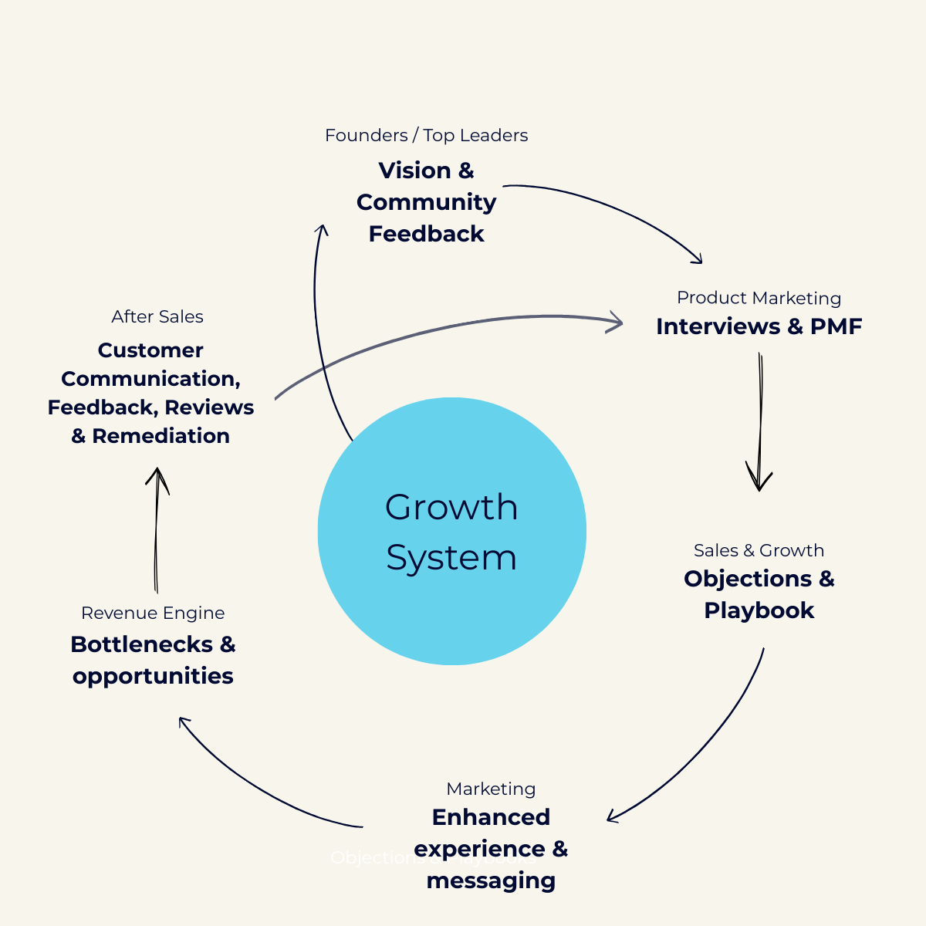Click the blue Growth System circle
451,531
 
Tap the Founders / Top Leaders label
426,136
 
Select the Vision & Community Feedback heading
426,202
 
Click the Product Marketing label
759,298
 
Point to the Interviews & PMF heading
759,326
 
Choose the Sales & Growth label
759,550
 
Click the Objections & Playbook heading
759,594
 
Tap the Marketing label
491,789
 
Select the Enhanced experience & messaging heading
491,848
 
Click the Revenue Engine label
153,613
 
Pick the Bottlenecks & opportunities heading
153,660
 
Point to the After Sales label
157,316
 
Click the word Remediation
161,436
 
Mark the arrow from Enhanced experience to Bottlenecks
255,787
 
